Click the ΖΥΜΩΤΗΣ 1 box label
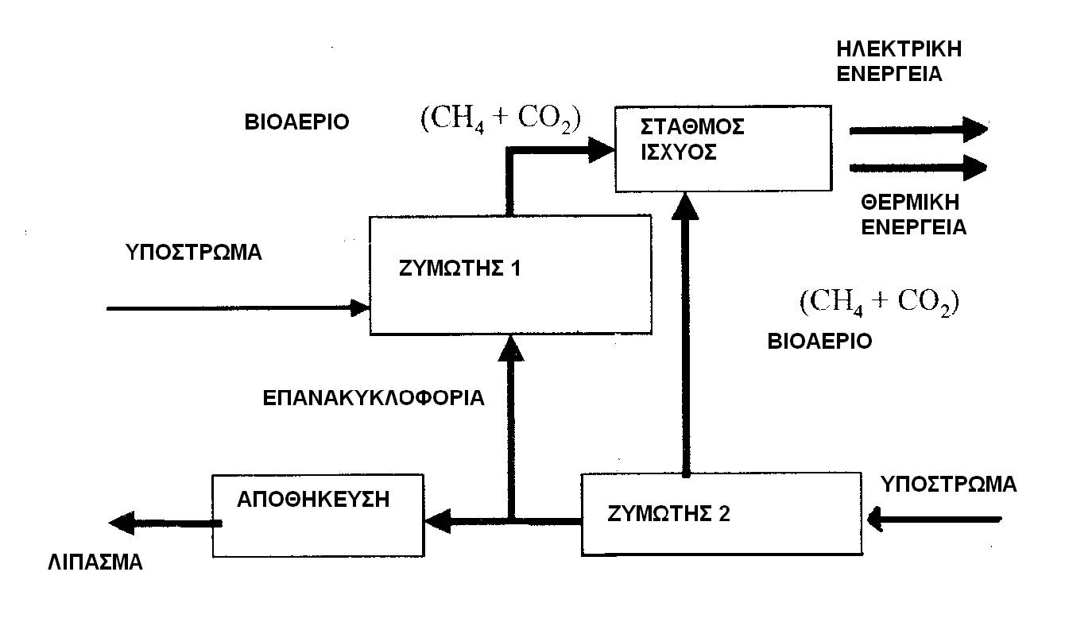point(460,269)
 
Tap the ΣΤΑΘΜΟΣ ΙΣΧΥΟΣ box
point(724,148)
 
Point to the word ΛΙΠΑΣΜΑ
point(94,562)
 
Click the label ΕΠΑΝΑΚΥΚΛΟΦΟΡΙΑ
point(374,398)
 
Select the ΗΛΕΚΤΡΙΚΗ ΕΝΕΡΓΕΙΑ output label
point(900,62)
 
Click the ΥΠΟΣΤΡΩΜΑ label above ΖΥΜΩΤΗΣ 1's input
point(193,253)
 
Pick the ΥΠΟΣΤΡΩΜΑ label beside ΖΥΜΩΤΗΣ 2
point(949,484)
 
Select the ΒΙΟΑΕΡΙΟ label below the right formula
point(820,342)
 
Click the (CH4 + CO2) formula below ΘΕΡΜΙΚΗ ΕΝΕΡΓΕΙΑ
point(880,303)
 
